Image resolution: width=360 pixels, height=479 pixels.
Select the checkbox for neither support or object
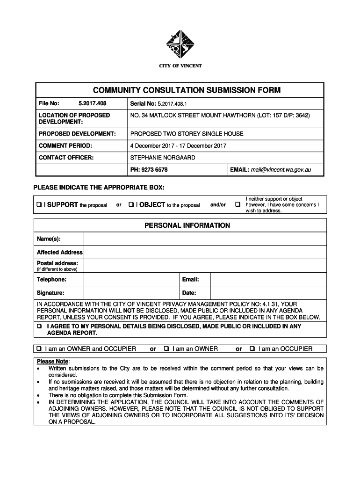(238, 205)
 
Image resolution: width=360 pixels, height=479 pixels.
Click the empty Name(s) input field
(204, 239)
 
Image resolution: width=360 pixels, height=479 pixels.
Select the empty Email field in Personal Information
(268, 279)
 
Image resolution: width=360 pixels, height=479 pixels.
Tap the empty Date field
(268, 293)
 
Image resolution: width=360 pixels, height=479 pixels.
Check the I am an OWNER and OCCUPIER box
(40, 349)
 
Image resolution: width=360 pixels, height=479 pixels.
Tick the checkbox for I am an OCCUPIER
(252, 349)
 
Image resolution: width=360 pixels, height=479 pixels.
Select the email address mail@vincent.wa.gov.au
(281, 170)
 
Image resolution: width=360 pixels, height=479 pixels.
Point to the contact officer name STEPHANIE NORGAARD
(163, 158)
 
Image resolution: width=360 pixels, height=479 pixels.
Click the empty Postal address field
(204, 266)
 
